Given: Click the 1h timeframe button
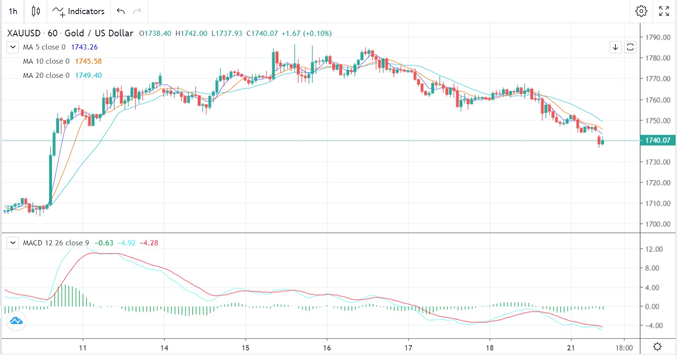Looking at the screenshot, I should [13, 11].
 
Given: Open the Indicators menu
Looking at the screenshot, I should [78, 11].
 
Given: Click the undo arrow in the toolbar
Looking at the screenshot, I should [121, 11].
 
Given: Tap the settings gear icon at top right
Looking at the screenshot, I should [641, 11].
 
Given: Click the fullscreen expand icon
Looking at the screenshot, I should [664, 11].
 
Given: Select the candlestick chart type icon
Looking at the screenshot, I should [36, 11].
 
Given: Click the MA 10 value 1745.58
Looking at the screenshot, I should [88, 61].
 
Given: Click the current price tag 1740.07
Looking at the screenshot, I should [657, 141].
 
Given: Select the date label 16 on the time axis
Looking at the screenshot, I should [327, 347].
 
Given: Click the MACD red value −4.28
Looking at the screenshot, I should [149, 243].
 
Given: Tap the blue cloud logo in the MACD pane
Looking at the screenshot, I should [16, 321].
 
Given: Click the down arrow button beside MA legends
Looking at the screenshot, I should [616, 47].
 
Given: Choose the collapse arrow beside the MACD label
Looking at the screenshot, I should [13, 243].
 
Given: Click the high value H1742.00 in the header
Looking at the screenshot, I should [191, 33].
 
